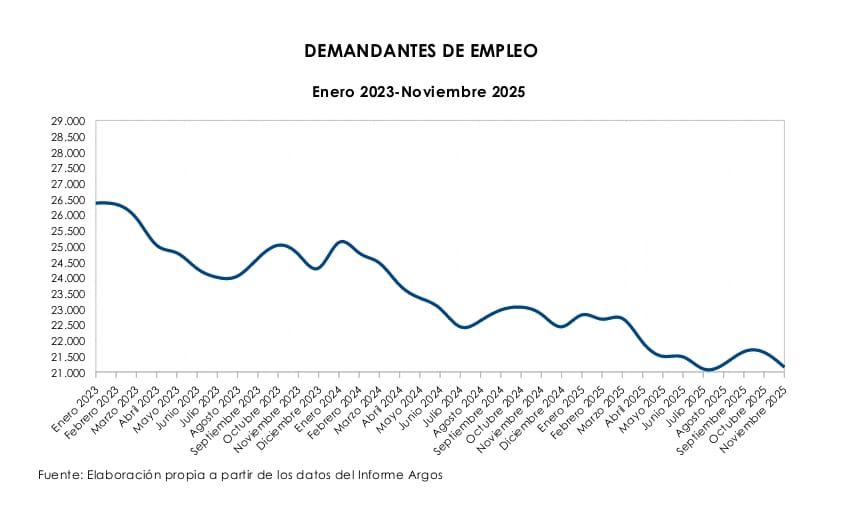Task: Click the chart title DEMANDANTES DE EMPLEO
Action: [x=421, y=50]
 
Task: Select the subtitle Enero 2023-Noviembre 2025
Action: [x=418, y=91]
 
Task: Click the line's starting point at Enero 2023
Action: [x=96, y=203]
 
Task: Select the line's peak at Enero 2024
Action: [x=341, y=241]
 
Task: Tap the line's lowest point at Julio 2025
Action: [x=708, y=370]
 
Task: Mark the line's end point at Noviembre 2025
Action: [x=784, y=366]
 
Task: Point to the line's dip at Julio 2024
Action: [x=464, y=327]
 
